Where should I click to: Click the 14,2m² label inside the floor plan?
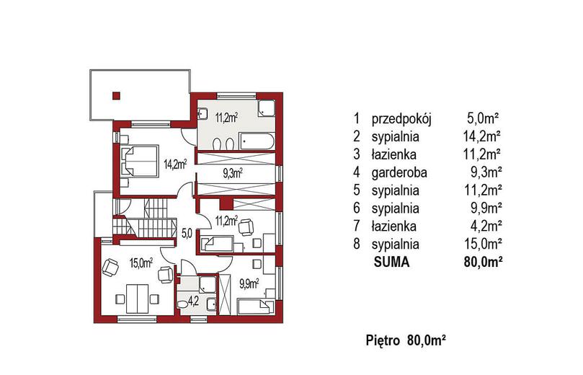coord(175,164)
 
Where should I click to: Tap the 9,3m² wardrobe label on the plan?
coord(233,173)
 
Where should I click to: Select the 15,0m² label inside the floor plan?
coord(141,263)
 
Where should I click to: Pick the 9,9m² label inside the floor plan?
coord(249,284)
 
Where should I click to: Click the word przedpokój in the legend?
coord(401,120)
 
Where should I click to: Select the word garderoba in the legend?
coord(399,172)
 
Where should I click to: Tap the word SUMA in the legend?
coord(391,262)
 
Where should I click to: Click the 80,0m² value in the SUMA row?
coord(483,262)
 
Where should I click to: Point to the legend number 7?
coord(357,226)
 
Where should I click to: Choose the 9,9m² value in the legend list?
coord(486,208)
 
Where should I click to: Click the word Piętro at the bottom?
coord(383,340)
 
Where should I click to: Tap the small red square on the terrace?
coord(116,96)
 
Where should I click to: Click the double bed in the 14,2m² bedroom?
coord(139,162)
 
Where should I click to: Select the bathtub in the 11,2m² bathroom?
coord(257,141)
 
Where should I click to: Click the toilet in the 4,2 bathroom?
coord(182,304)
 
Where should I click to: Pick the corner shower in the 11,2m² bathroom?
coord(267,107)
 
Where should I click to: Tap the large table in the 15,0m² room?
coord(137,299)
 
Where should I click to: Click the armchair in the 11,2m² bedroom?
coord(246,227)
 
